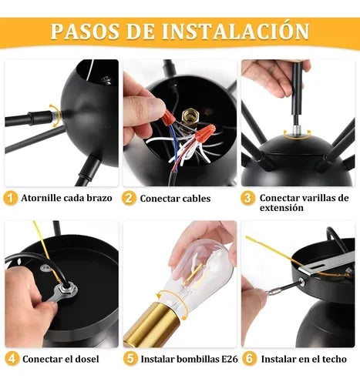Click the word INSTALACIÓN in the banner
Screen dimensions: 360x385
pos(235,31)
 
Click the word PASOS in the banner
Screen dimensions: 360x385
pos(85,32)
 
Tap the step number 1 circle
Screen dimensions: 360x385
pos(11,199)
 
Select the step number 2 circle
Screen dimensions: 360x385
pos(129,199)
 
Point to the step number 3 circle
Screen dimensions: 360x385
pos(247,199)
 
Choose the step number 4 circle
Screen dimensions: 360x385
pos(12,359)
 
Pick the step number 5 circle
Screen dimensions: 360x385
pos(130,359)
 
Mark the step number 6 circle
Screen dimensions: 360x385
pos(250,359)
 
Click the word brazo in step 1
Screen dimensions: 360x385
pos(99,198)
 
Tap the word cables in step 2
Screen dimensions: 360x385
pos(197,199)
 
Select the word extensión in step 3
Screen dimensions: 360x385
pos(281,207)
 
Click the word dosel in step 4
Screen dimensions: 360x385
pos(87,359)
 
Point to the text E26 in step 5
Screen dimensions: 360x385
pos(230,359)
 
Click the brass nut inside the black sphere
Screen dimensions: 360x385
pos(190,116)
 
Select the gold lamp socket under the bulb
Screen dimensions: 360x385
pos(150,324)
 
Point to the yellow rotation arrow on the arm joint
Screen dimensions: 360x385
pos(56,115)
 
